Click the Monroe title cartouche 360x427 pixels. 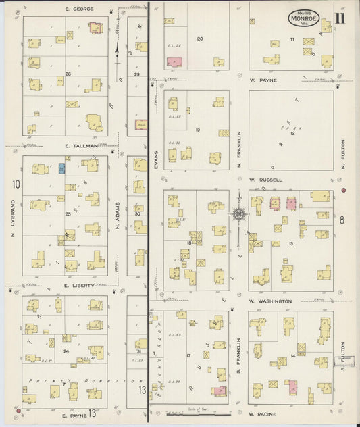click(x=304, y=18)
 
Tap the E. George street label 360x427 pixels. click(x=79, y=9)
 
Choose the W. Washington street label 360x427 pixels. click(x=270, y=301)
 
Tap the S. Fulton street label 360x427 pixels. click(x=343, y=356)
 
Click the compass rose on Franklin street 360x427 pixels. click(x=239, y=215)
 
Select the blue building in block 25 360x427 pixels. click(x=62, y=168)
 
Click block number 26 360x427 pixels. click(x=68, y=74)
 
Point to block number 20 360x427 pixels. click(x=199, y=39)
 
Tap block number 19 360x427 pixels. click(x=198, y=130)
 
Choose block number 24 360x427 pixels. click(x=66, y=351)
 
